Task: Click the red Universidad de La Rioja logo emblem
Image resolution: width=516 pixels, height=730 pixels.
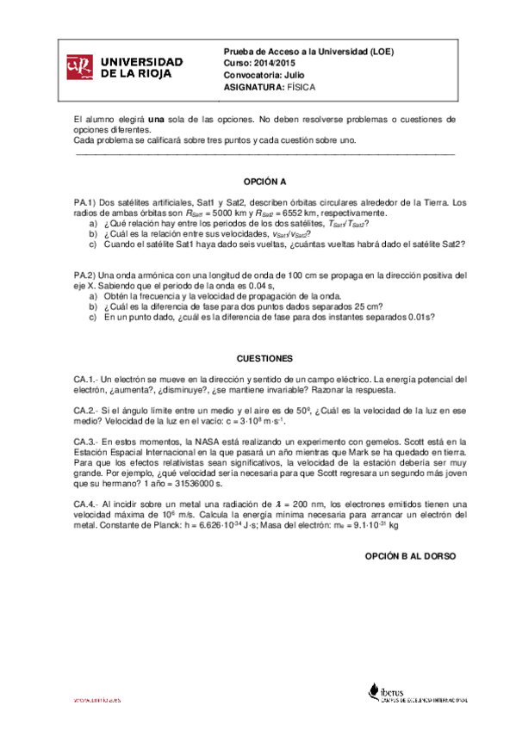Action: point(79,68)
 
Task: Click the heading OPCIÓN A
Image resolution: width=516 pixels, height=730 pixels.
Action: point(264,182)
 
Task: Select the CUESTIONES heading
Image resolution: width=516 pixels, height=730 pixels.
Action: point(264,358)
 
